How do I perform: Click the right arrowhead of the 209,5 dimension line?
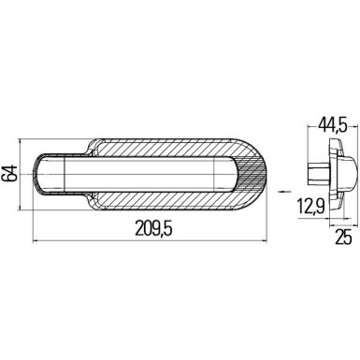272,239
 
